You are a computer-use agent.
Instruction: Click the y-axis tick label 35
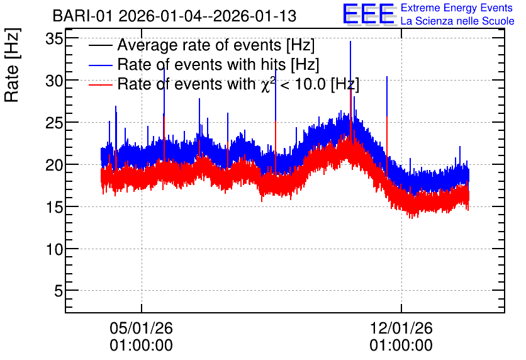(x=54, y=39)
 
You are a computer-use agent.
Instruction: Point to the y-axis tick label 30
(x=54, y=81)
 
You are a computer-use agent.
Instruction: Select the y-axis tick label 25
(x=54, y=123)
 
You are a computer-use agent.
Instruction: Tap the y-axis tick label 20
(x=54, y=165)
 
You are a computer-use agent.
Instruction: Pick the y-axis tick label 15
(x=54, y=207)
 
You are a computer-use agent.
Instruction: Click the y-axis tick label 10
(x=54, y=249)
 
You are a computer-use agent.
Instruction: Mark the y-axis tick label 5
(x=59, y=291)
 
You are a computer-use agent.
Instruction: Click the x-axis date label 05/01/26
(x=141, y=328)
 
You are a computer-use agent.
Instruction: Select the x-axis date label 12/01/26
(x=401, y=328)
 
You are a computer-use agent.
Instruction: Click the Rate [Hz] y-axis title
(x=13, y=65)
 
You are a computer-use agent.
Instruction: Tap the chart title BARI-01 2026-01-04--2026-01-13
(x=174, y=16)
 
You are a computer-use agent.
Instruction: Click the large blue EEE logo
(x=369, y=14)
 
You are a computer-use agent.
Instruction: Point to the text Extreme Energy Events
(x=457, y=8)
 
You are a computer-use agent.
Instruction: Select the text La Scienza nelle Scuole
(x=457, y=21)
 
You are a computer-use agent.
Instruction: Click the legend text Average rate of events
(x=199, y=45)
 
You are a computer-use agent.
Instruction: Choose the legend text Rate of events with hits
(x=201, y=64)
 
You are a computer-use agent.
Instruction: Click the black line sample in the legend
(x=100, y=45)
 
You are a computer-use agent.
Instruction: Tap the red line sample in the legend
(x=100, y=84)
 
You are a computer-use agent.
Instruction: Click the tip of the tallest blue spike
(x=350, y=42)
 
